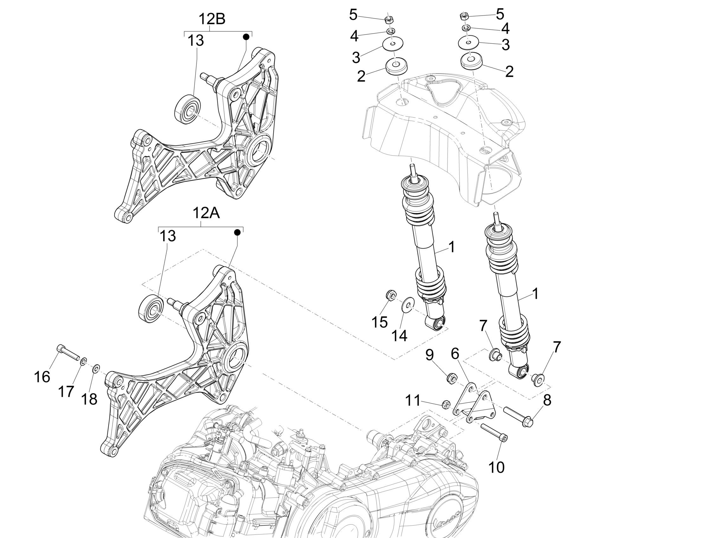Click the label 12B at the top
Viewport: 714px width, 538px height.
[212, 19]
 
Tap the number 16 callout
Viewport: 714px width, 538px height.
[42, 377]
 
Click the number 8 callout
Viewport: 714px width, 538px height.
[547, 400]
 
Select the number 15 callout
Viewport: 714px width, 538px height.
[380, 322]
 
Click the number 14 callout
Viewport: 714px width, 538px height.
[399, 336]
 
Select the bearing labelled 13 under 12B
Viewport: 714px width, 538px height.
[187, 109]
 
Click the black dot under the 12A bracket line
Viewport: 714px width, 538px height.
[237, 232]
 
